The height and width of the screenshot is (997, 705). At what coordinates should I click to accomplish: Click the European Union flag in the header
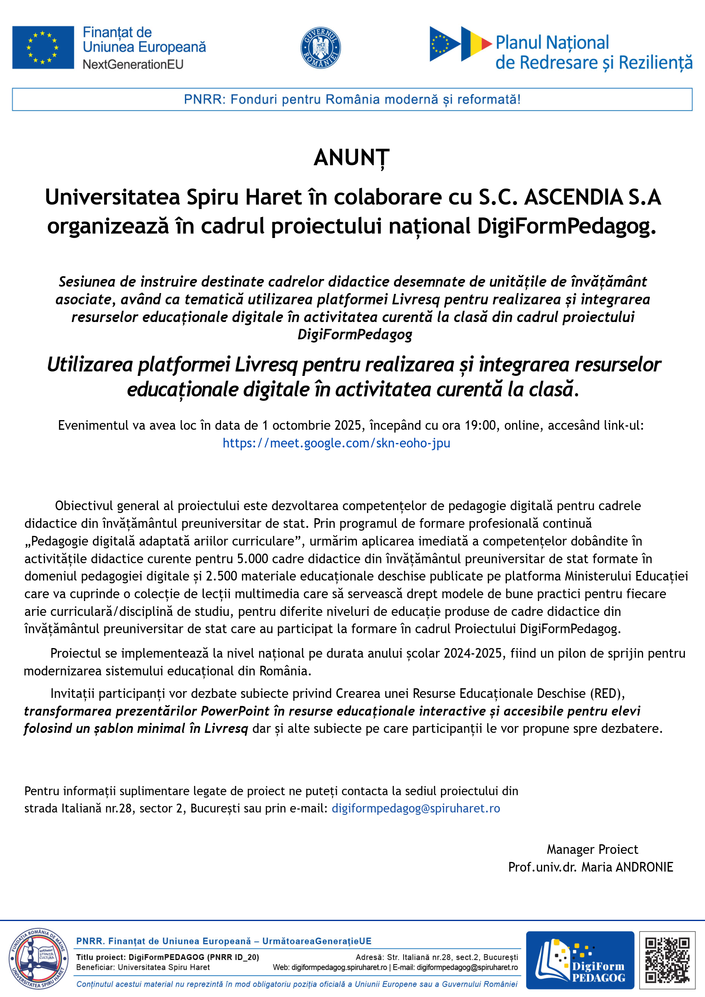[x=43, y=47]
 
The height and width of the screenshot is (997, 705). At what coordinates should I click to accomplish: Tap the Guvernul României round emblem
[x=320, y=48]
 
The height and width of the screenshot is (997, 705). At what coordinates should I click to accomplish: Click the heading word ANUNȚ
[x=352, y=158]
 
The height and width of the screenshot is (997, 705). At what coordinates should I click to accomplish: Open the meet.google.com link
[x=336, y=443]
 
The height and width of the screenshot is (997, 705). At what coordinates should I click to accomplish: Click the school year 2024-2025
[x=472, y=653]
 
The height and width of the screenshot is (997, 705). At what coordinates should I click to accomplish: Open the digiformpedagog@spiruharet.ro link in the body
[x=416, y=808]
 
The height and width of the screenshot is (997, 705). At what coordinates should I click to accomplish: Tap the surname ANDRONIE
[x=644, y=867]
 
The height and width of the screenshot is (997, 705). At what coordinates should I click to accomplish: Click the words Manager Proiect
[x=592, y=849]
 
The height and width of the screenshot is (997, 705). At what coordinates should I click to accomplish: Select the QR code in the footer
[x=667, y=960]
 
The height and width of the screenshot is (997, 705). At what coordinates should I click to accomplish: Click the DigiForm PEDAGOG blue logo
[x=580, y=960]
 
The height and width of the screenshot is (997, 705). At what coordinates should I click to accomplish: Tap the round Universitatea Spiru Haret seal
[x=38, y=959]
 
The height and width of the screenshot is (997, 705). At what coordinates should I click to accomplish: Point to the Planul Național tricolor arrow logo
[x=460, y=43]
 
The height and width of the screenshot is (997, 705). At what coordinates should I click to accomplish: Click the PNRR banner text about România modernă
[x=352, y=99]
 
